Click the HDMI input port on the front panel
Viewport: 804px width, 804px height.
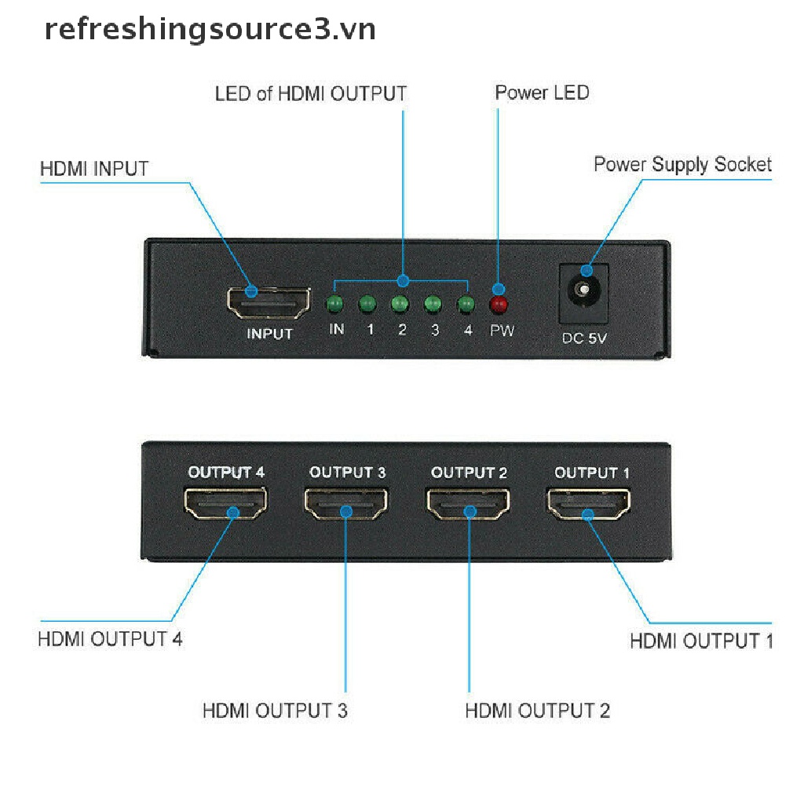(x=268, y=301)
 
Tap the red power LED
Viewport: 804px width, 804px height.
(x=499, y=304)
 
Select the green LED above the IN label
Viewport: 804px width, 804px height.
(x=336, y=304)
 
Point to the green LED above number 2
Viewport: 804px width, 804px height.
(x=400, y=304)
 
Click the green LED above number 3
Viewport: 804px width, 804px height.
(x=433, y=304)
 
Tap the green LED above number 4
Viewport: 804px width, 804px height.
(x=466, y=304)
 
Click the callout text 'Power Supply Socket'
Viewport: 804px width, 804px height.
(x=682, y=165)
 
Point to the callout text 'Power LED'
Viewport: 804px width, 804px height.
(x=542, y=93)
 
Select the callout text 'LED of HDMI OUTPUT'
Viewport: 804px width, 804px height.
(x=311, y=94)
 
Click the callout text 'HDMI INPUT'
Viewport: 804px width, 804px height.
(x=93, y=168)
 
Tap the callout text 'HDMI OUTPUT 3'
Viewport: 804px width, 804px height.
(x=275, y=711)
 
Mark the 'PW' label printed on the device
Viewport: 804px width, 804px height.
(x=502, y=331)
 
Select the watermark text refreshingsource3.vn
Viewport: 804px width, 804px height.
(x=210, y=30)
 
